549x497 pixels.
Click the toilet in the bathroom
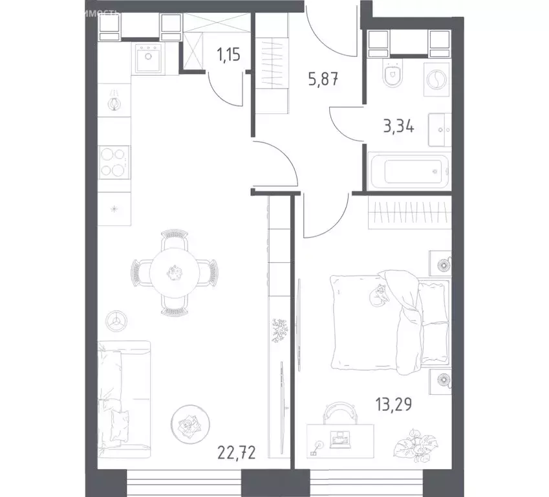coord(392,76)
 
